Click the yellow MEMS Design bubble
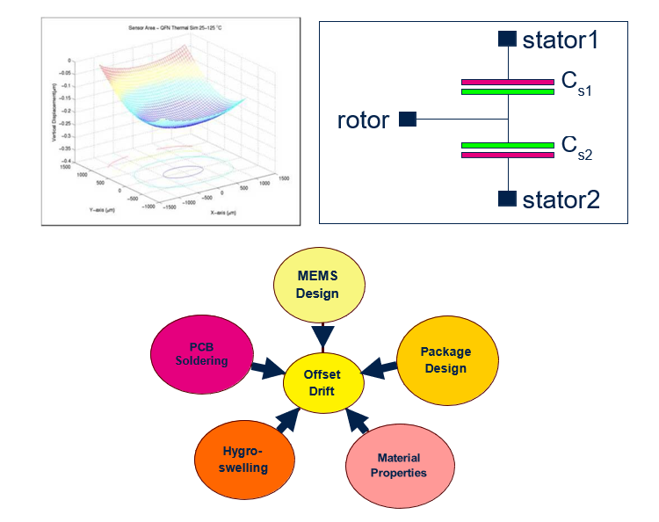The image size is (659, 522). [x=317, y=285]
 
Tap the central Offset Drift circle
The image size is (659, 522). [x=322, y=382]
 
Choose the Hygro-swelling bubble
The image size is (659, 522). [x=242, y=459]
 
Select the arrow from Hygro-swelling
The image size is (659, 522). [x=286, y=423]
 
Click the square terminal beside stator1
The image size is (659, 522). [x=507, y=39]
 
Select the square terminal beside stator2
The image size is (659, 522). [x=507, y=199]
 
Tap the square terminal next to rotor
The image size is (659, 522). [x=407, y=119]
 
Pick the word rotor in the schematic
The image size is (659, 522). [x=363, y=120]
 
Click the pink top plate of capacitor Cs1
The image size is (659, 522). [x=507, y=82]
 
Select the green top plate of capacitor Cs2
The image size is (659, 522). [x=507, y=145]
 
